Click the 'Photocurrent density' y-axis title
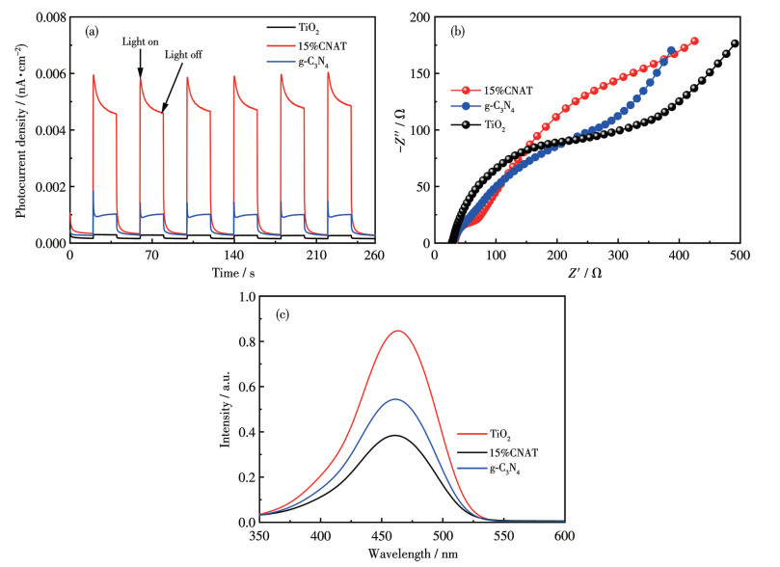tap(20, 130)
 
